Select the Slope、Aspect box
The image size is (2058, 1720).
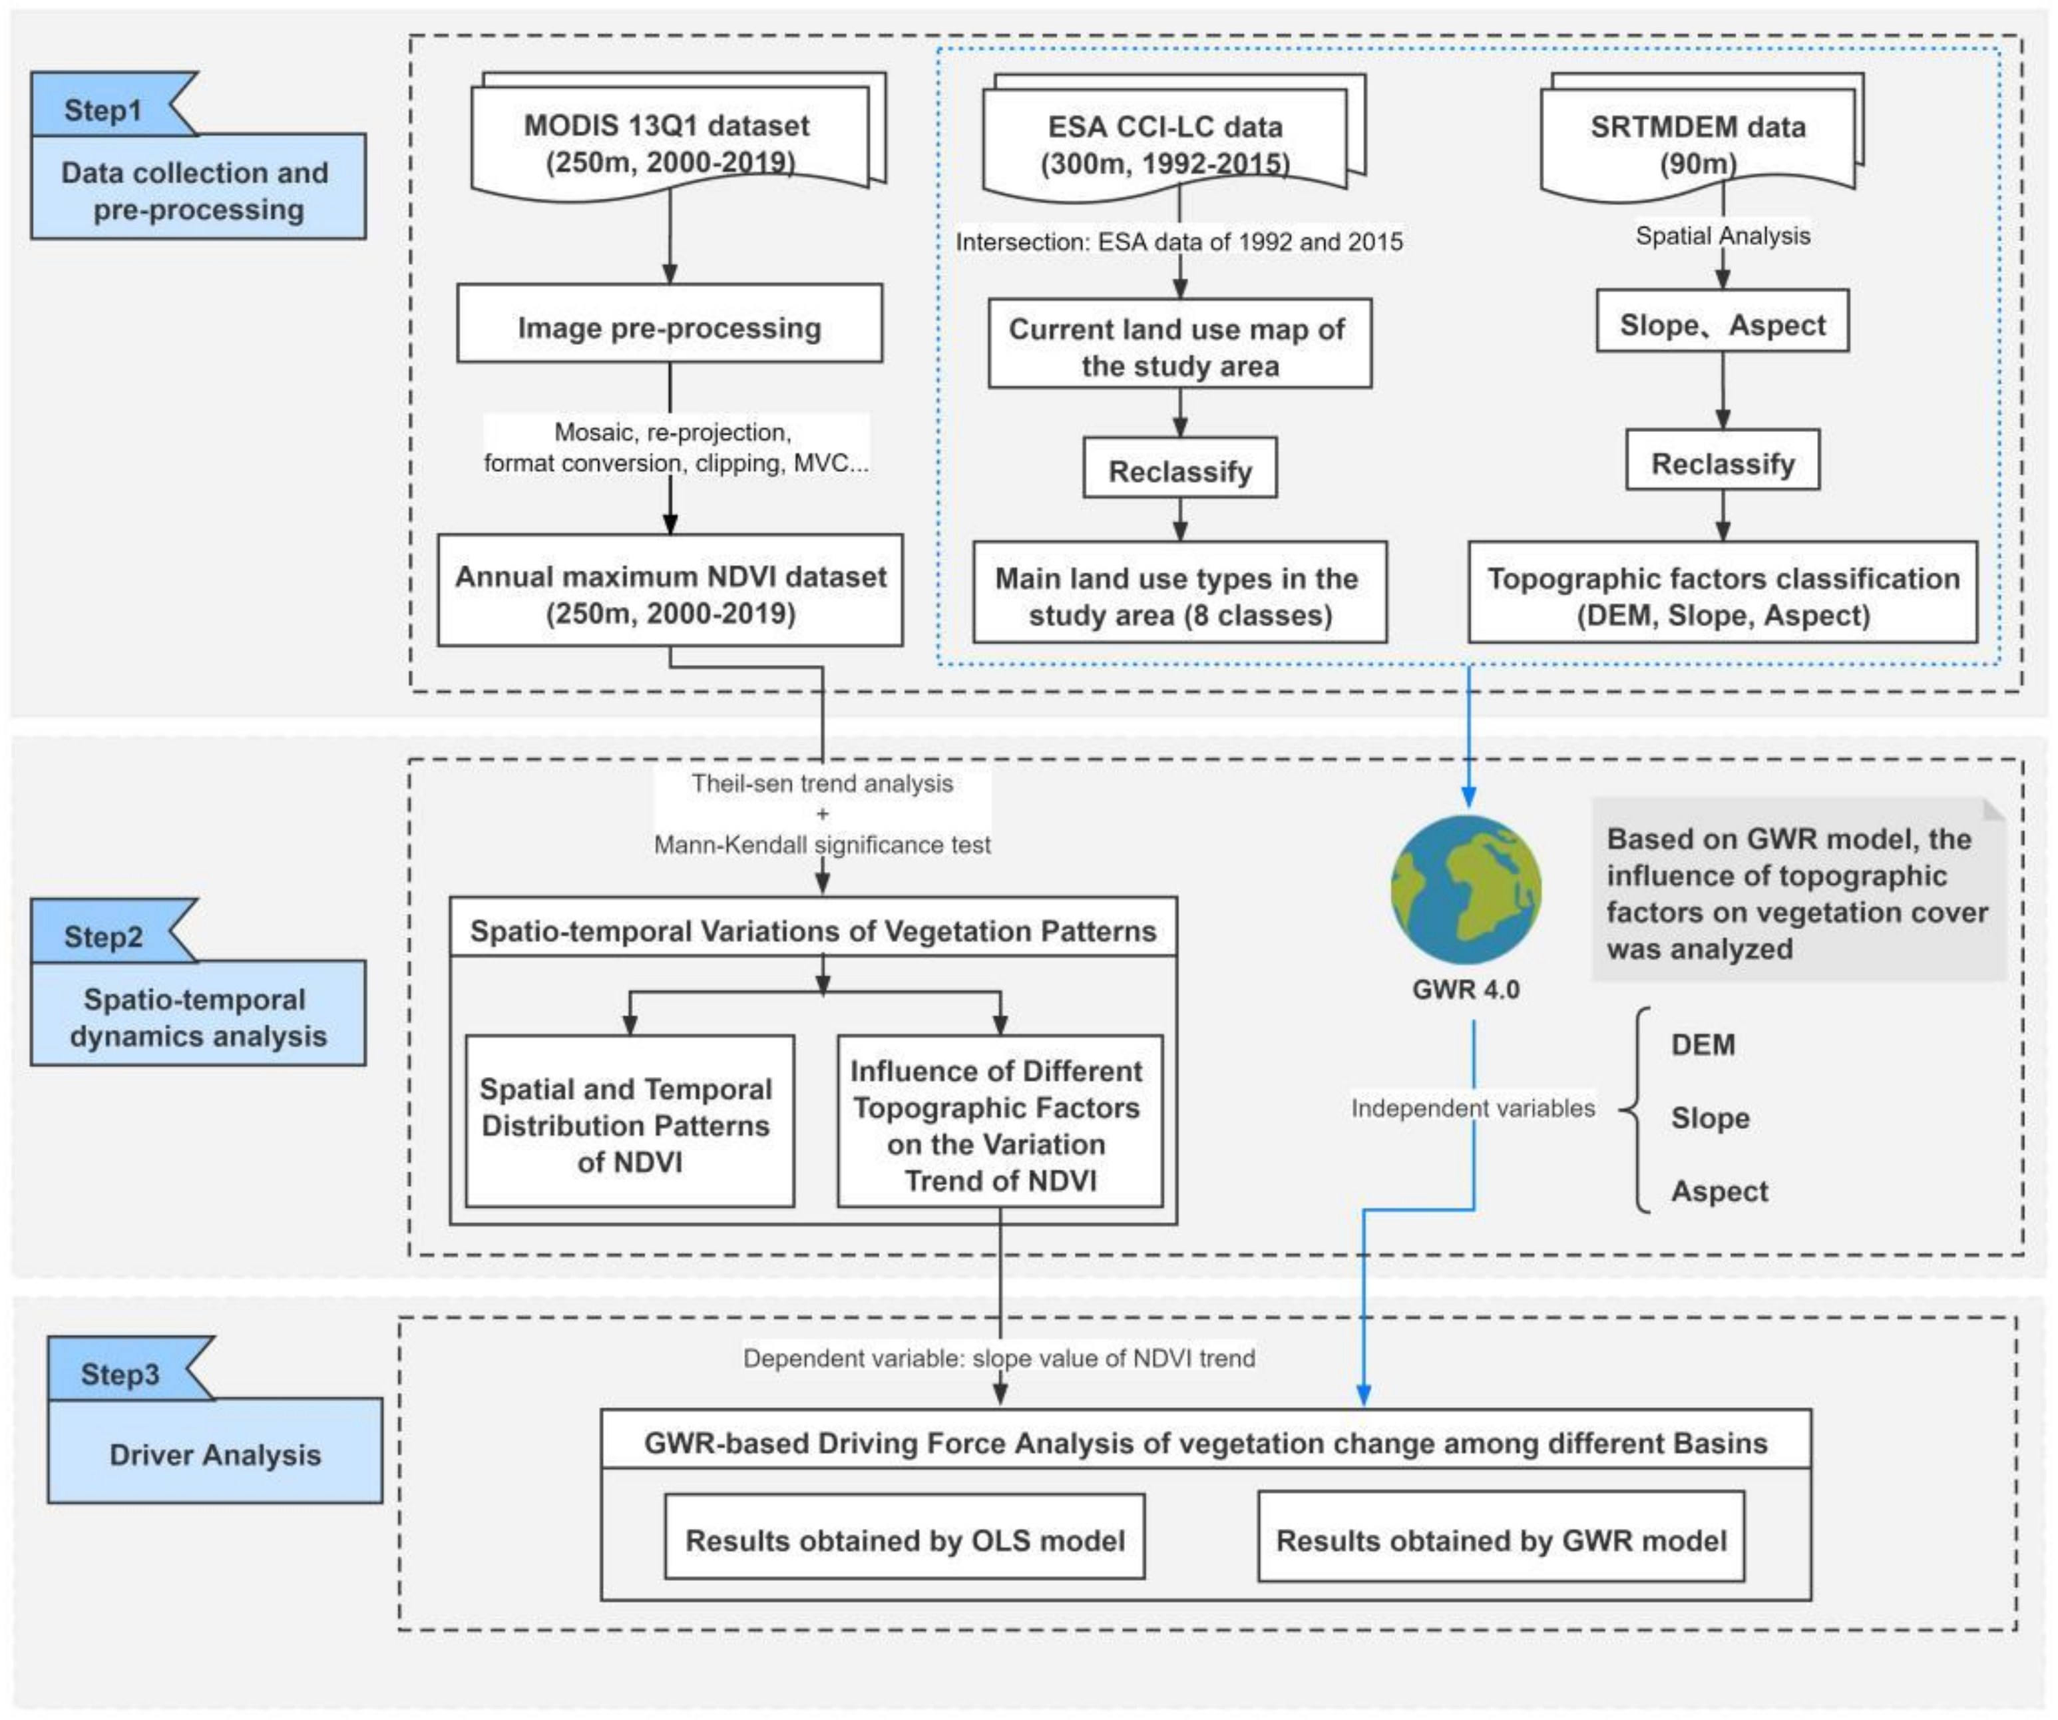click(1722, 323)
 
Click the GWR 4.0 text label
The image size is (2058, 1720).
click(1466, 989)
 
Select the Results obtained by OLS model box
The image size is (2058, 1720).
click(905, 1539)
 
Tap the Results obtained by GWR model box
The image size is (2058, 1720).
click(1500, 1539)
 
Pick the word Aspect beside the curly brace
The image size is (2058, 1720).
click(1719, 1191)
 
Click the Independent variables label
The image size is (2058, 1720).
click(1472, 1108)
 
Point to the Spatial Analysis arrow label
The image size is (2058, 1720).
click(1722, 235)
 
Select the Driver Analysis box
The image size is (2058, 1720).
click(214, 1454)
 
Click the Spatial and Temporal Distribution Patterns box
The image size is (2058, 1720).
click(628, 1124)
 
